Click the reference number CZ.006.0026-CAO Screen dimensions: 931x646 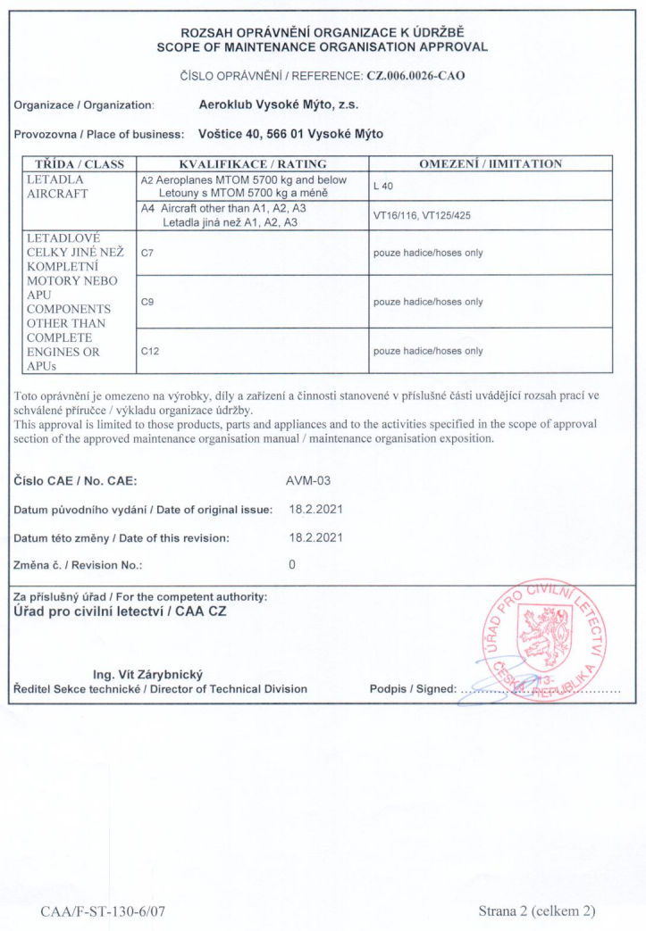pyautogui.click(x=415, y=76)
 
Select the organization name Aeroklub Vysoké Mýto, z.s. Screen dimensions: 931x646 pyautogui.click(x=278, y=104)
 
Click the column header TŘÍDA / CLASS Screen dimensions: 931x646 pyautogui.click(x=80, y=164)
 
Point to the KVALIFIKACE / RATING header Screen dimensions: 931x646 pyautogui.click(x=253, y=164)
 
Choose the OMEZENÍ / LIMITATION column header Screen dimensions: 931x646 pyautogui.click(x=491, y=164)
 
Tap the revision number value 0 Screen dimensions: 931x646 pyautogui.click(x=292, y=565)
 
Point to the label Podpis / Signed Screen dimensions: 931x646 pyautogui.click(x=412, y=689)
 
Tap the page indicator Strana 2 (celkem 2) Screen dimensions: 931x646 pyautogui.click(x=536, y=911)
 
